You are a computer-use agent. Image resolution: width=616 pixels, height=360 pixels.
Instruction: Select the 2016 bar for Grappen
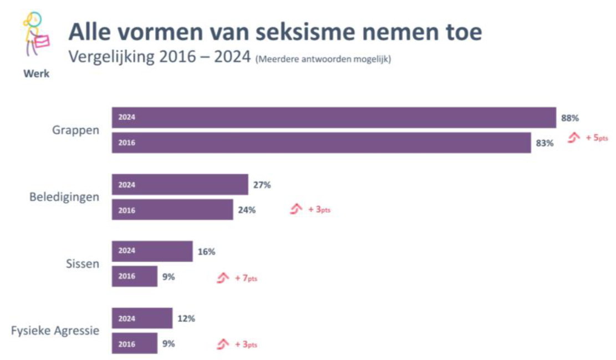322,143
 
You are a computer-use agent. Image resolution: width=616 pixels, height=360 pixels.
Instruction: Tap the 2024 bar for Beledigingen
180,185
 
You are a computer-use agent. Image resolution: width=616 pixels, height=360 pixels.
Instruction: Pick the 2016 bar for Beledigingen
172,210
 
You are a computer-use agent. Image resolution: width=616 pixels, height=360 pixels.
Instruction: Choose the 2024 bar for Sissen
152,251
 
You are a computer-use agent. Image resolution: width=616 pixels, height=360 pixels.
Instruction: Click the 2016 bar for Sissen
135,276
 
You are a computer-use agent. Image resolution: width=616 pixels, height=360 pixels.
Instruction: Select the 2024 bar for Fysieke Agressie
142,318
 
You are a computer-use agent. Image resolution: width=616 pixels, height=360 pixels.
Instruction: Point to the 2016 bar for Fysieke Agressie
135,343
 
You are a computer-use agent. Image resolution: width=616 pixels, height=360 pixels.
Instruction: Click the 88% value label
570,118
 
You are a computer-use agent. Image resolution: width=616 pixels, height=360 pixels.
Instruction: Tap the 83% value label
544,143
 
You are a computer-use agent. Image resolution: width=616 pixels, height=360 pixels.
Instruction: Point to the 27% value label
262,185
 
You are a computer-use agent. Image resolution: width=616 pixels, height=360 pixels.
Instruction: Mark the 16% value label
206,251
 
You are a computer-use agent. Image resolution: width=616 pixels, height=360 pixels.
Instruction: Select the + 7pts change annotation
246,278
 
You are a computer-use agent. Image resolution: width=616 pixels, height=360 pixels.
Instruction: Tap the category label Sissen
83,263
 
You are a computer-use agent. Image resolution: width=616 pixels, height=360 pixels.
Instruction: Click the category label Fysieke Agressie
55,331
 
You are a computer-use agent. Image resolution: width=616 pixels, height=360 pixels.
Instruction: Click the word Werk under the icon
36,74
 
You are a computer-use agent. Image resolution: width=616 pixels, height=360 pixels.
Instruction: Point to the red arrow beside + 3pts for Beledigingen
297,209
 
